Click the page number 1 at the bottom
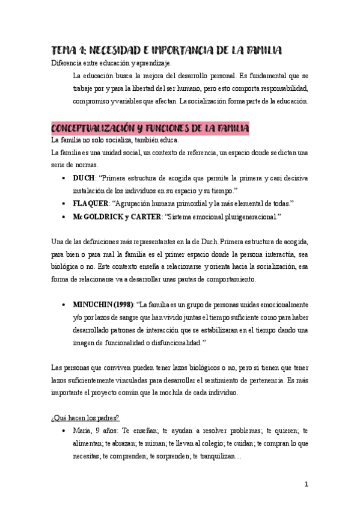(x=306, y=484)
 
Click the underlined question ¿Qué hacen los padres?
(x=85, y=419)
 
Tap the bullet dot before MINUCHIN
(x=64, y=305)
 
